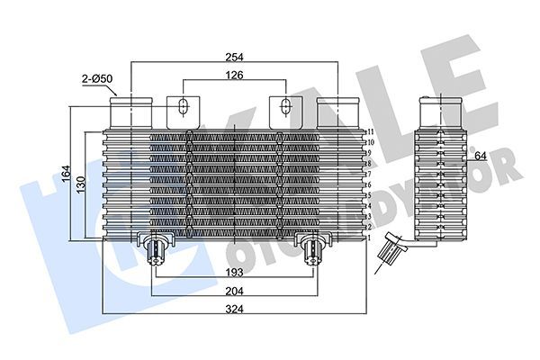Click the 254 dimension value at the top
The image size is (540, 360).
(235, 56)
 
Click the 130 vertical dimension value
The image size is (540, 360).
(81, 184)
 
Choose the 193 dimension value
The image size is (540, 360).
(235, 271)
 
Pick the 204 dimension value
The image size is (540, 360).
(235, 291)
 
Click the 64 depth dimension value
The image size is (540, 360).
(481, 156)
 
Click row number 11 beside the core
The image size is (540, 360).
(371, 132)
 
